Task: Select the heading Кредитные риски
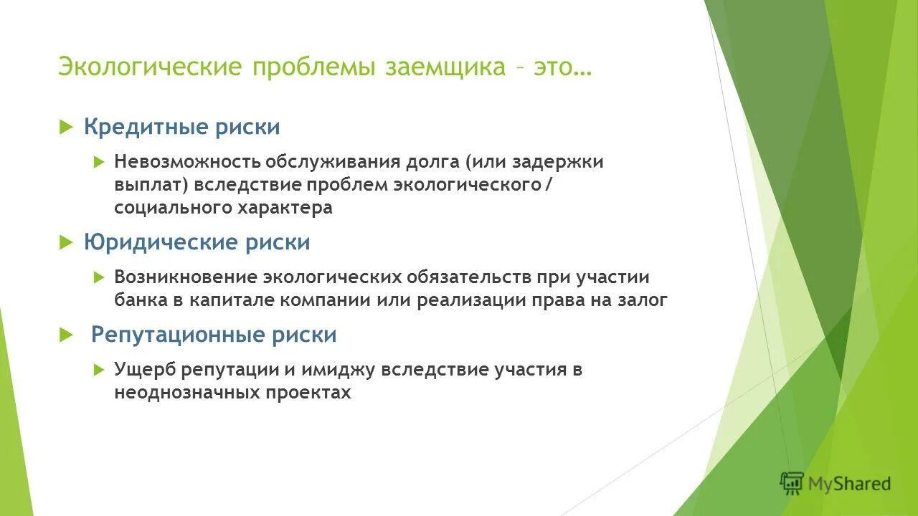pyautogui.click(x=181, y=128)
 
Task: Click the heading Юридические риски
pyautogui.click(x=197, y=242)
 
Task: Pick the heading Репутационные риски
pyautogui.click(x=213, y=335)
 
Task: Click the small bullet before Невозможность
pyautogui.click(x=99, y=162)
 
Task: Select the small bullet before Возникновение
pyautogui.click(x=99, y=277)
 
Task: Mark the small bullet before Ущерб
pyautogui.click(x=99, y=370)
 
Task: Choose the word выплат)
pyautogui.click(x=151, y=185)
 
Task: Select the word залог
pyautogui.click(x=643, y=300)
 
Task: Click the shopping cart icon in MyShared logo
pyautogui.click(x=792, y=483)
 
